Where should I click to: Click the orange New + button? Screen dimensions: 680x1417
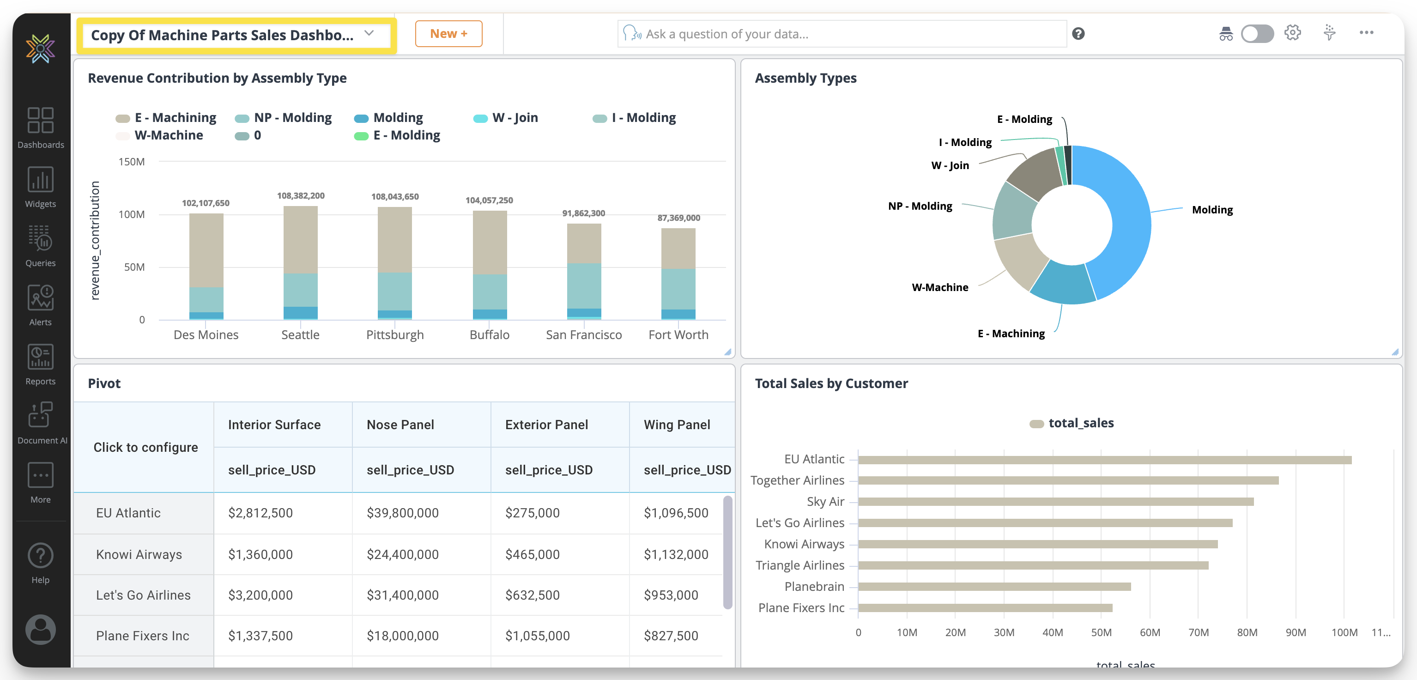448,34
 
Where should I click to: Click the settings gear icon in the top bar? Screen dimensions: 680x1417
1292,33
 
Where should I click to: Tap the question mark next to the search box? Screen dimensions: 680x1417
1078,34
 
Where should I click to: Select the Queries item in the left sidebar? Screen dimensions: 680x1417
40,246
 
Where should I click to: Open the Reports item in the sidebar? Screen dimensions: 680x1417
40,364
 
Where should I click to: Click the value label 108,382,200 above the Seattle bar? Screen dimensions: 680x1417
300,196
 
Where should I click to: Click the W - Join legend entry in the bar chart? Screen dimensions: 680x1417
515,118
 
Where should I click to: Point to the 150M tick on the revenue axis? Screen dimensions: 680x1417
132,162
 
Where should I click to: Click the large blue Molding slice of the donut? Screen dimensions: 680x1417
1128,220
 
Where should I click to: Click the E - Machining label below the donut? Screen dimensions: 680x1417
1011,334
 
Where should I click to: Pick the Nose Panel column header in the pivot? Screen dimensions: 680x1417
400,425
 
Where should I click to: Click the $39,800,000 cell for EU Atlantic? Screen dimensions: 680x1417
402,513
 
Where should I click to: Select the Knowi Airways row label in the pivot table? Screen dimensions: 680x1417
139,554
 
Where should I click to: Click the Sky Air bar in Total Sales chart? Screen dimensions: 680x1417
1055,502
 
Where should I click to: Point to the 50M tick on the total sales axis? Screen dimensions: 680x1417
1101,633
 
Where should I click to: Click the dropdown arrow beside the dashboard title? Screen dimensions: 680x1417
369,34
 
